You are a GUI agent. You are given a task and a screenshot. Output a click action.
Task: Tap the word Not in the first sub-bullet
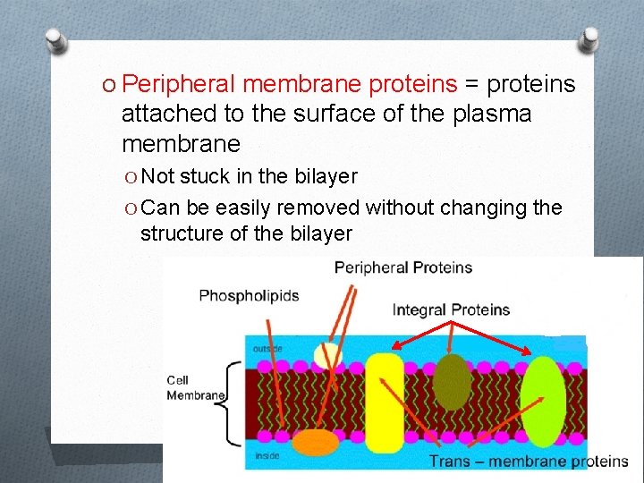[x=158, y=176]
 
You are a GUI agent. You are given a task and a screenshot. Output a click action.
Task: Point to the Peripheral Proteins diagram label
[x=402, y=267]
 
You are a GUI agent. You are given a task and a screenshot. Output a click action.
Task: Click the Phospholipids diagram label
[x=249, y=295]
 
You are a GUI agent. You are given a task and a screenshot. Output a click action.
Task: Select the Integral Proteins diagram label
[x=451, y=310]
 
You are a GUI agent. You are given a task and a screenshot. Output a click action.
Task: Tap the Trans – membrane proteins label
[x=529, y=462]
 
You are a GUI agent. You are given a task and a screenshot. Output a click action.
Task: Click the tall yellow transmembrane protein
[x=386, y=402]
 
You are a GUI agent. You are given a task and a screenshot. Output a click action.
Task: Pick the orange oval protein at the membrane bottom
[x=316, y=442]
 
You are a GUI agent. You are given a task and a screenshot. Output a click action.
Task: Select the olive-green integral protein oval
[x=453, y=382]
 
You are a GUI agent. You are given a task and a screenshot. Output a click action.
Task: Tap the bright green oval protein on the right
[x=543, y=402]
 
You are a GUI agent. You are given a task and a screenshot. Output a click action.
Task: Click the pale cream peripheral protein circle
[x=328, y=355]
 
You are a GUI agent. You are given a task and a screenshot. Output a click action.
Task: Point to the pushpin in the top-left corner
[x=55, y=40]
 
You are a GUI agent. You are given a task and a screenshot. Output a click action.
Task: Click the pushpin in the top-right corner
[x=589, y=38]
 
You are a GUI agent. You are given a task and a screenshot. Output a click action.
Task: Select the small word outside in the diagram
[x=267, y=349]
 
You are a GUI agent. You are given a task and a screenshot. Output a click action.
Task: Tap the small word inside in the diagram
[x=266, y=455]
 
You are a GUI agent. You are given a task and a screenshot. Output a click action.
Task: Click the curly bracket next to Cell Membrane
[x=234, y=402]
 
